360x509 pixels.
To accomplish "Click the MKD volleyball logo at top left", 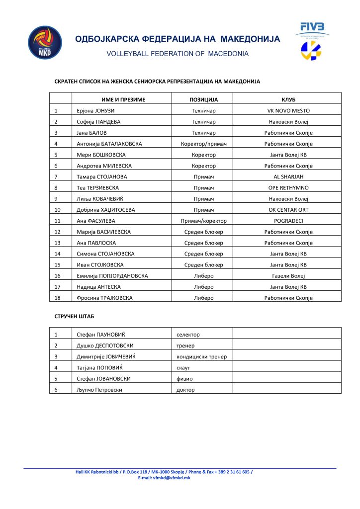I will click(x=45, y=43).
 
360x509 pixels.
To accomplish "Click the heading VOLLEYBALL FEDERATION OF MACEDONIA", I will click(x=178, y=54).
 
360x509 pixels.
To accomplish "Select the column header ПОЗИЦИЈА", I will click(x=203, y=99).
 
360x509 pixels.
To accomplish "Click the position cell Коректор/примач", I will click(x=203, y=144).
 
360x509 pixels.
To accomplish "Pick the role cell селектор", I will click(x=188, y=335).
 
